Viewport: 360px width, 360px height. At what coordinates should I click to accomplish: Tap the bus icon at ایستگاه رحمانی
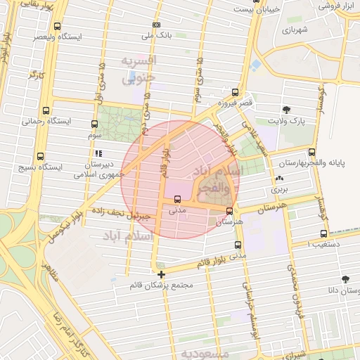[x=46, y=110]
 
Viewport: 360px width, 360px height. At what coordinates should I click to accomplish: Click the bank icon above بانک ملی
[x=156, y=25]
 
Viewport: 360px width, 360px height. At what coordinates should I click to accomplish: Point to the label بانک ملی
[x=156, y=35]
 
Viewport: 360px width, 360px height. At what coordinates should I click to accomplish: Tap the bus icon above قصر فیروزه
[x=234, y=92]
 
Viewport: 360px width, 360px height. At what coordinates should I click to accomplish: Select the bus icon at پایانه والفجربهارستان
[x=311, y=152]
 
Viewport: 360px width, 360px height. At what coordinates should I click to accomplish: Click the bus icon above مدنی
[x=176, y=199]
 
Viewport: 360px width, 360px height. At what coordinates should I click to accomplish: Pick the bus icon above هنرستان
[x=229, y=210]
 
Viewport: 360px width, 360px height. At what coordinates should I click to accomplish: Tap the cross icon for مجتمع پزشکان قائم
[x=161, y=274]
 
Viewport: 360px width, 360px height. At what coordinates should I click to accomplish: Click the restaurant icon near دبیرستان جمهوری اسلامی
[x=98, y=153]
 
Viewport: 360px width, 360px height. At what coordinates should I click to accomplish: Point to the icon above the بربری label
[x=280, y=179]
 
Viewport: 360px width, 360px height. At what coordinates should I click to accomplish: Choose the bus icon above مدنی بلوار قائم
[x=238, y=245]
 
